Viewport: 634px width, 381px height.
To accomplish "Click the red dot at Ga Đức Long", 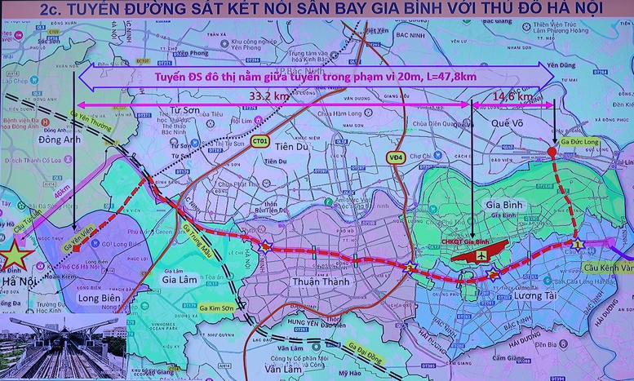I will coord(552,152).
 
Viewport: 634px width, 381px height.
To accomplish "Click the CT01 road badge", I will coord(261,141).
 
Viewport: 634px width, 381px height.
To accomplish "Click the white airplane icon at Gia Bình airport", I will coord(481,255).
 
